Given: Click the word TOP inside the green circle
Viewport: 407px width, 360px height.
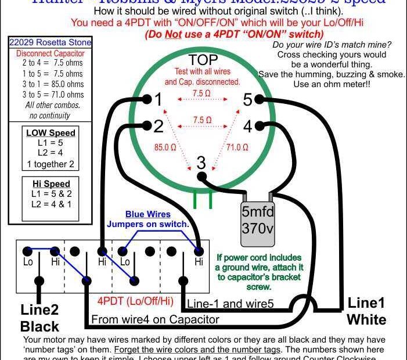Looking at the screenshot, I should (x=203, y=60).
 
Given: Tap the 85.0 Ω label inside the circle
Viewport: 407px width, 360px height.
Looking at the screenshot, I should (x=165, y=147).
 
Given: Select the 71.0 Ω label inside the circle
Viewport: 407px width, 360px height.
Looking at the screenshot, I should (x=237, y=147).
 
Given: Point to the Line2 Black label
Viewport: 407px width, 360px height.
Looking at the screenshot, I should (x=39, y=316).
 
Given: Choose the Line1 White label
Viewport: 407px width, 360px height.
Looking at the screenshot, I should (x=366, y=311).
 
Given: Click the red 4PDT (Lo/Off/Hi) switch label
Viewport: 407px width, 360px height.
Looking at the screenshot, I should (x=135, y=301).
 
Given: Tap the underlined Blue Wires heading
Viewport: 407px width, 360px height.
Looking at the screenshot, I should (x=147, y=214).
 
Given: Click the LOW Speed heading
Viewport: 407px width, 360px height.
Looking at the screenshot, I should (x=51, y=133).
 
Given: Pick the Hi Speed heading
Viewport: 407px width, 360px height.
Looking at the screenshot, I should (x=51, y=184).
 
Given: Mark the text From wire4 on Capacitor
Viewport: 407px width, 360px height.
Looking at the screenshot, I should (x=155, y=319).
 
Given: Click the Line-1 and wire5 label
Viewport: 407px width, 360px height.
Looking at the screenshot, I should (x=229, y=303).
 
